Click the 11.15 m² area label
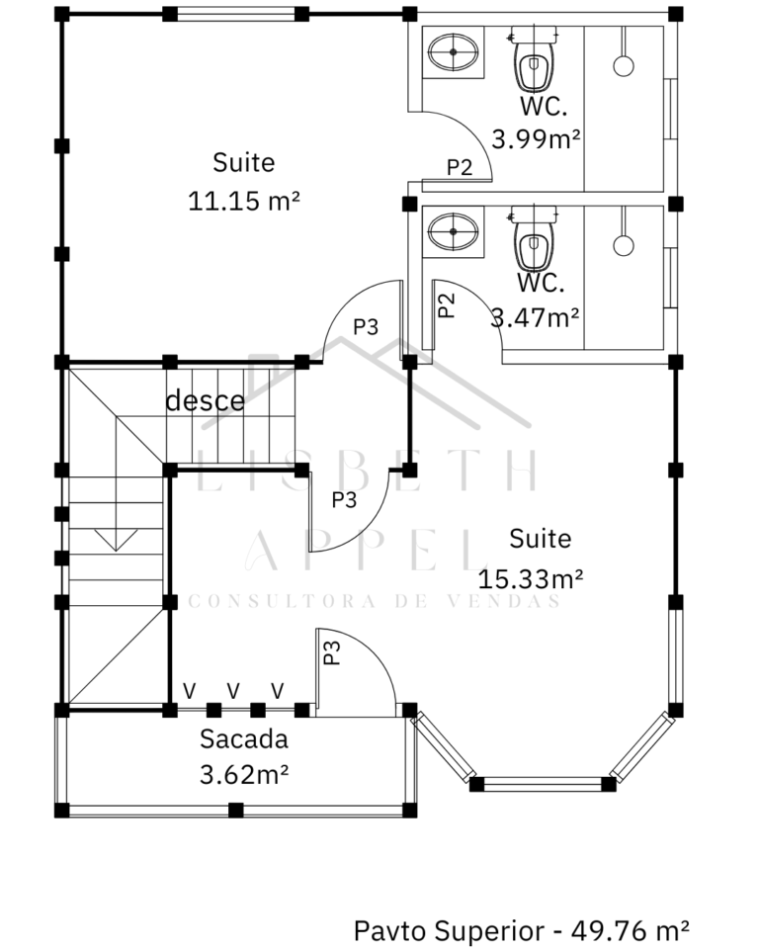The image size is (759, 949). tap(244, 201)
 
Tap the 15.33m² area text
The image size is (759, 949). tap(530, 579)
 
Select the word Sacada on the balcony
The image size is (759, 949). tap(244, 739)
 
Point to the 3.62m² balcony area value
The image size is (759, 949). tap(244, 774)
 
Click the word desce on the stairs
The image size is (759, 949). tap(206, 400)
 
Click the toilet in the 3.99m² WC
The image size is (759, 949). tap(534, 59)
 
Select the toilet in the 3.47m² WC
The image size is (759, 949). tap(534, 239)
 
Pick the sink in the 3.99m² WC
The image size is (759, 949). tap(454, 52)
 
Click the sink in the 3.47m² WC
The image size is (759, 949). tap(454, 231)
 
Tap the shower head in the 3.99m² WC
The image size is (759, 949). tap(624, 65)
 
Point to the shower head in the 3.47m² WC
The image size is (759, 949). tap(624, 245)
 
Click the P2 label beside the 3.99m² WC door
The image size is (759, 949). tap(460, 167)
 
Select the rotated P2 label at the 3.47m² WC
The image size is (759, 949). tap(446, 305)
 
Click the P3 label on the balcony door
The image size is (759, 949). tap(332, 652)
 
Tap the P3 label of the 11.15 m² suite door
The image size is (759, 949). tap(366, 327)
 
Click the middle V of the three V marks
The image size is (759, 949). tap(233, 691)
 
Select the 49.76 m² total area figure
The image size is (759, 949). tap(631, 930)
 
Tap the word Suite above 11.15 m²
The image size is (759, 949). tap(244, 162)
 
